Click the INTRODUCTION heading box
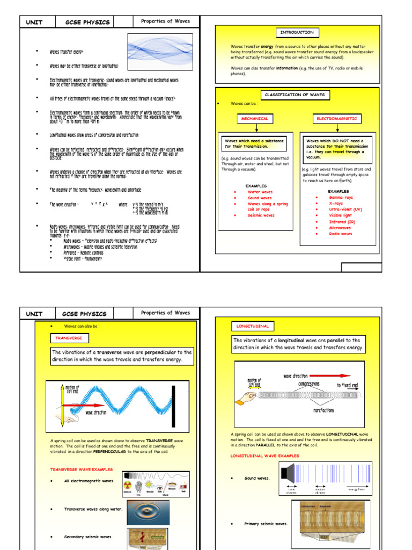pyautogui.click(x=297, y=32)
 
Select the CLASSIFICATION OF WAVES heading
pyautogui.click(x=297, y=95)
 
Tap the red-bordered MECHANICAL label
pyautogui.click(x=254, y=118)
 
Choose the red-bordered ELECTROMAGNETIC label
pyautogui.click(x=336, y=118)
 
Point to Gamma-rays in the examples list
pyautogui.click(x=341, y=198)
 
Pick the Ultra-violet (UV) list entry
pyautogui.click(x=345, y=209)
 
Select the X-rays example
pyautogui.click(x=336, y=204)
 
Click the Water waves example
pyautogui.click(x=260, y=192)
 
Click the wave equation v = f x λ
pyautogui.click(x=100, y=204)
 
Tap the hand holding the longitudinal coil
pyautogui.click(x=247, y=396)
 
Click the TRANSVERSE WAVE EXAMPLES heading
pyautogui.click(x=82, y=469)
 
